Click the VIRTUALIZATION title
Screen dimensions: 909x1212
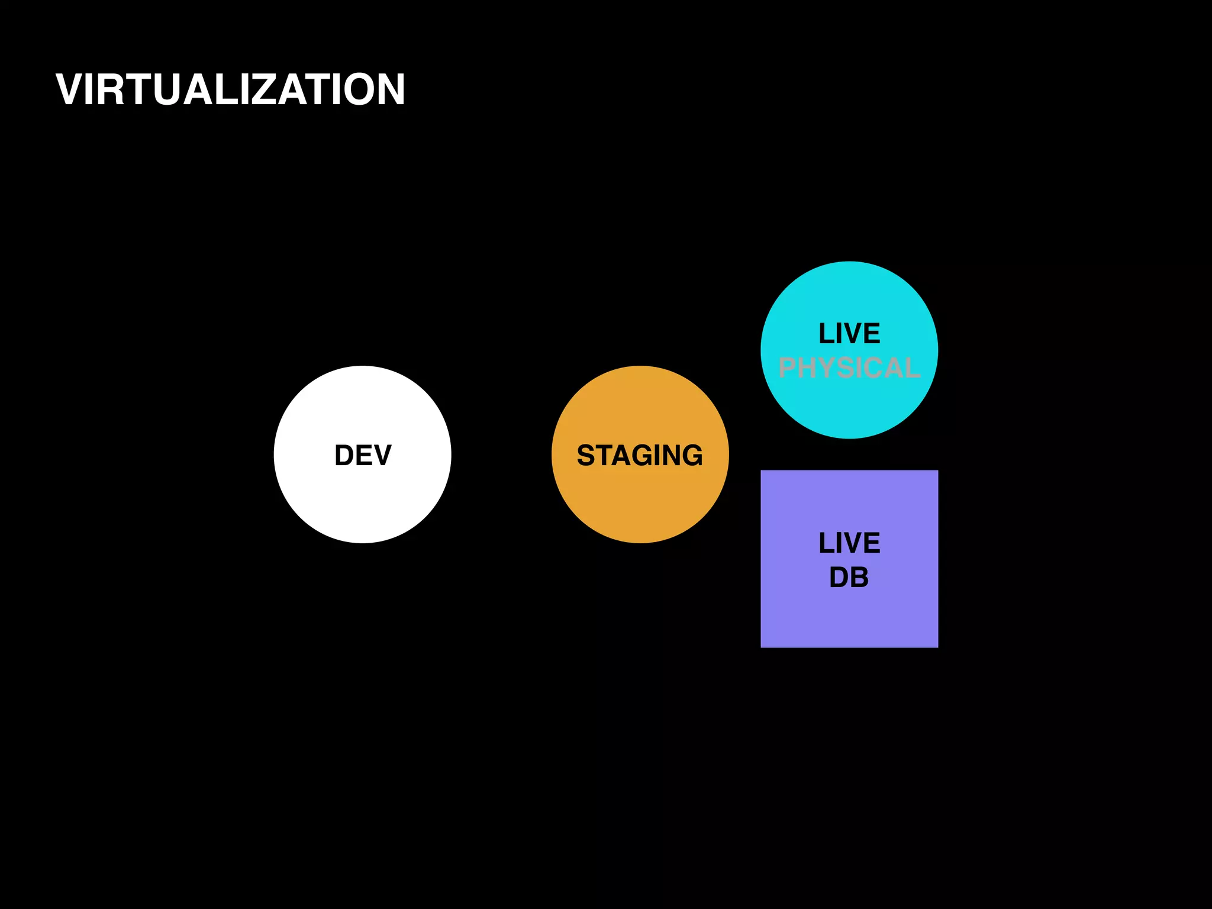pos(230,90)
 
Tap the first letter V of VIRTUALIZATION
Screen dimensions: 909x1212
pos(70,90)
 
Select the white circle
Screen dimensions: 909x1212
pos(362,503)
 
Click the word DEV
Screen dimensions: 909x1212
pos(363,455)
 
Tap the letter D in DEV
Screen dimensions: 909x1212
pos(344,455)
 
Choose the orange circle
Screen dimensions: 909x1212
pos(640,503)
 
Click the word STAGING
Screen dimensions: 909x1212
pos(640,455)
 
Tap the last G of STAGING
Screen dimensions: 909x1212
pos(691,455)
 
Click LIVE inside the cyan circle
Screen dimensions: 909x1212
pos(849,334)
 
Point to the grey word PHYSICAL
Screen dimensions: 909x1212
pos(849,368)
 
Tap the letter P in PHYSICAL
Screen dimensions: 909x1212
pos(788,368)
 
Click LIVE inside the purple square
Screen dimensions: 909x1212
pos(849,543)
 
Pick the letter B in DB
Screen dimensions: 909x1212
pos(859,578)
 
